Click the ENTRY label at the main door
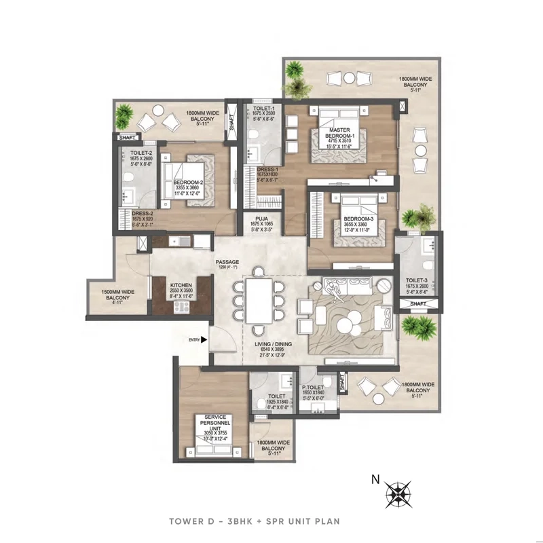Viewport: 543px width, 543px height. click(x=195, y=340)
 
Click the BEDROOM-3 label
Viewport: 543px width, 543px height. click(x=346, y=219)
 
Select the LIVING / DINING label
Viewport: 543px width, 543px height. click(x=272, y=345)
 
